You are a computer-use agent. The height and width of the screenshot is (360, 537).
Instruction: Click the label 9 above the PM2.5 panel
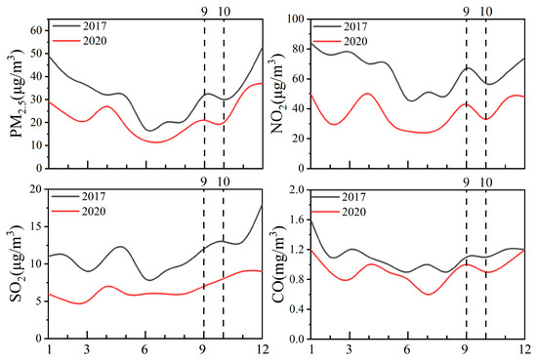tap(204, 10)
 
